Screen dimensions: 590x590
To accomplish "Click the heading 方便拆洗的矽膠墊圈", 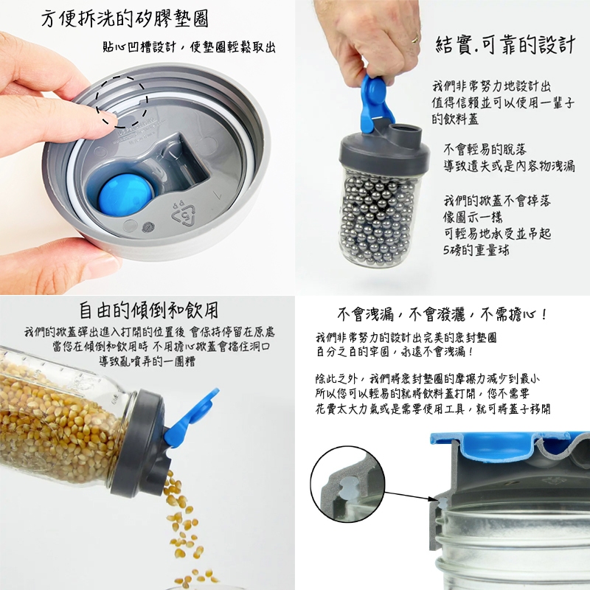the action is click(x=125, y=19).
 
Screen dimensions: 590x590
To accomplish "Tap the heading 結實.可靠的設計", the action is click(x=505, y=45).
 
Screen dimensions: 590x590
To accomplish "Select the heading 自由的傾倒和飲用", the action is click(x=149, y=310).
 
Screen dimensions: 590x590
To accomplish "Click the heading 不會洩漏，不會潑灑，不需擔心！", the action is click(x=442, y=314).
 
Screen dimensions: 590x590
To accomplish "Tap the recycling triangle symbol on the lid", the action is click(x=184, y=215).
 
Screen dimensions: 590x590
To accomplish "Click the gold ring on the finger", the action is click(x=414, y=38).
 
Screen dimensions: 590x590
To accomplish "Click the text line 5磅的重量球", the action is click(x=476, y=250).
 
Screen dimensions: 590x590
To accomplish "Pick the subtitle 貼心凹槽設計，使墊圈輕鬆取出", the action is click(x=189, y=47).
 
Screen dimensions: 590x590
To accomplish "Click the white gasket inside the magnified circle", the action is click(x=347, y=487).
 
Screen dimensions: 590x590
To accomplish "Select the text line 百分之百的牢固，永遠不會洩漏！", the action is click(x=395, y=353).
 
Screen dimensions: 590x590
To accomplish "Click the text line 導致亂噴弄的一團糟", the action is click(x=147, y=361).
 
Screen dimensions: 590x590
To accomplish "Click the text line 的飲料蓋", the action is click(x=455, y=119).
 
